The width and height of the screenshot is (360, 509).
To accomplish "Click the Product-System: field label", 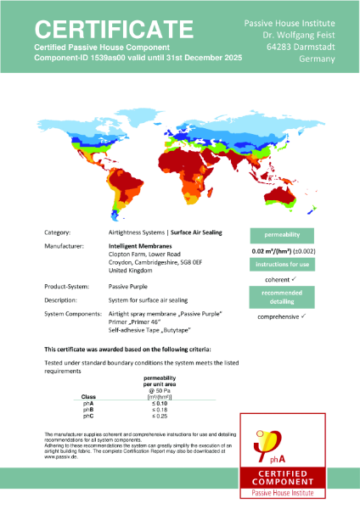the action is pyautogui.click(x=67, y=287).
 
